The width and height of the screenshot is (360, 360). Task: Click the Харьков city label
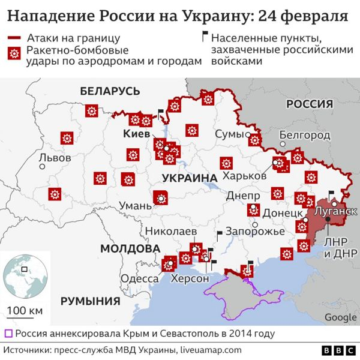(x=244, y=176)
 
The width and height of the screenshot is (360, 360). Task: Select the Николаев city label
(x=172, y=232)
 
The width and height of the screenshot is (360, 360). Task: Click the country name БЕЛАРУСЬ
(x=110, y=91)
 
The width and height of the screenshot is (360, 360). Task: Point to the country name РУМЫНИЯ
(x=91, y=301)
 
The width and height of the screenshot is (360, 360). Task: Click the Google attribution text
(x=340, y=317)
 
